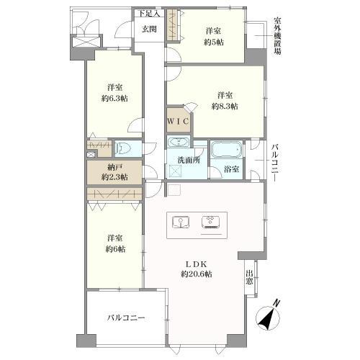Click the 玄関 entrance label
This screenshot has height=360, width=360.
(x=149, y=30)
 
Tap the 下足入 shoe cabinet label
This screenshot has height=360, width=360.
(x=149, y=14)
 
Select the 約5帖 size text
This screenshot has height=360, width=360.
(x=214, y=42)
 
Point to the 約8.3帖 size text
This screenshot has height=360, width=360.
(x=225, y=106)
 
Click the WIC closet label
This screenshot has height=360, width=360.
(x=178, y=122)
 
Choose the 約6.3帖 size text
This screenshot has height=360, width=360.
(x=114, y=99)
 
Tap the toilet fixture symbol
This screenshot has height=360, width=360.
(x=123, y=149)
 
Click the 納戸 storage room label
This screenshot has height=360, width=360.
(x=114, y=166)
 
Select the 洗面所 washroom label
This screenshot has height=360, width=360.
(x=189, y=160)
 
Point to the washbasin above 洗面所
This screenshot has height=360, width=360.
(x=179, y=143)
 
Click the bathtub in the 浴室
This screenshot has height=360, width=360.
(x=227, y=150)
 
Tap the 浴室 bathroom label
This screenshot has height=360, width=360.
(x=232, y=169)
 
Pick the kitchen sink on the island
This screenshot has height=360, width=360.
(x=181, y=222)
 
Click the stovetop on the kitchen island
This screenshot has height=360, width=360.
(x=210, y=222)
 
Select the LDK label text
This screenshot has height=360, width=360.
(x=197, y=264)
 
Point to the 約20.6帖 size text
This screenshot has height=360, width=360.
(x=197, y=274)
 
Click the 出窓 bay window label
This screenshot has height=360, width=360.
(x=249, y=277)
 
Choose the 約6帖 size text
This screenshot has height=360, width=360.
(x=115, y=249)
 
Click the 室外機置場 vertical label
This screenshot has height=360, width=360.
(x=278, y=36)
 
